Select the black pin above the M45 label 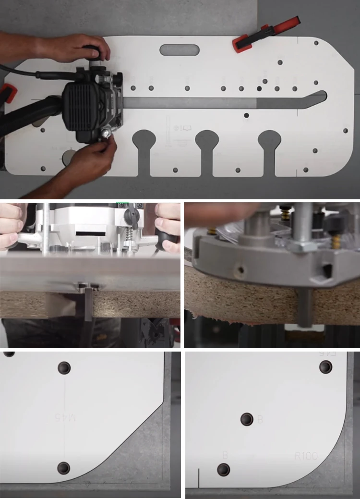coord(64,368)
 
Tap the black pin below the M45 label coord(64,467)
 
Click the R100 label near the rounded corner coord(306,456)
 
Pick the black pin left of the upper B coord(247,419)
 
